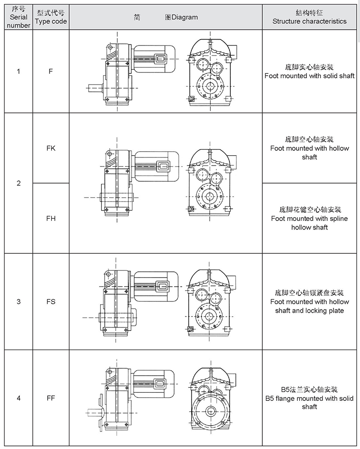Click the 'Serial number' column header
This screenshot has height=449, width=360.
coord(18,17)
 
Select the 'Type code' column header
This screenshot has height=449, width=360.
coord(51,17)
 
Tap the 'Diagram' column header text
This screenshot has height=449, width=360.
coord(166,17)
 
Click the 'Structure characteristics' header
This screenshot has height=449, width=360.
coord(310,17)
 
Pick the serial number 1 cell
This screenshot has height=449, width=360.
coord(18,71)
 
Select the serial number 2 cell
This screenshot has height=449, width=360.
coord(18,183)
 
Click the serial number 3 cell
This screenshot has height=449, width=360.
coord(18,301)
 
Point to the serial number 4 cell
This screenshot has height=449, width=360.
coord(18,398)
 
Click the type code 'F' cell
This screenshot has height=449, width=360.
coord(51,71)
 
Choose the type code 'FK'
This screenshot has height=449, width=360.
coord(51,148)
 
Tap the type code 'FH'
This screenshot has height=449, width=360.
coord(51,218)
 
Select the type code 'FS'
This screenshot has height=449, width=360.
coord(51,301)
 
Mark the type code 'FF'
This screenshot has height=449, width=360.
coord(51,398)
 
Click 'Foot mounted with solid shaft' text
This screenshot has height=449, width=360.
coord(310,76)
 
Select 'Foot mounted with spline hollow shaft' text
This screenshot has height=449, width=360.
coord(310,223)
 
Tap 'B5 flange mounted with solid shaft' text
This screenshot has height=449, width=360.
coord(310,402)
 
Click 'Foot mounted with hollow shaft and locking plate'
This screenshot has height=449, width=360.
coord(310,306)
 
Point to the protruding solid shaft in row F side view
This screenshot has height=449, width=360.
coord(95,88)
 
